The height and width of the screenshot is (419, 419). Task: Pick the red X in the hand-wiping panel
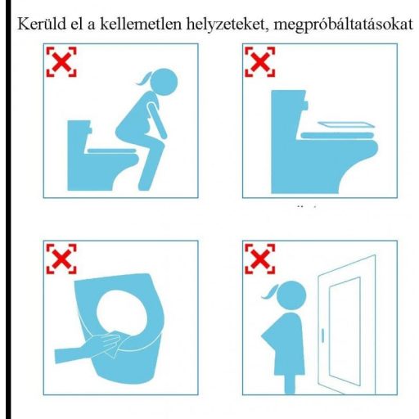[x=62, y=259]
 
